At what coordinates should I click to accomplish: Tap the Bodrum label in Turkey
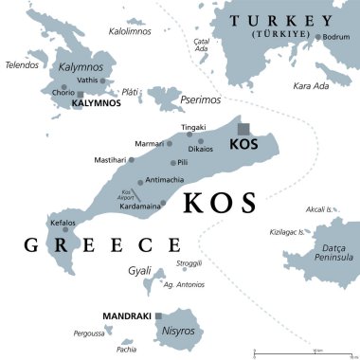[336, 37]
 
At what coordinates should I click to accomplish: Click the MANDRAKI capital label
[126, 314]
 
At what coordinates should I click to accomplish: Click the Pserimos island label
[201, 99]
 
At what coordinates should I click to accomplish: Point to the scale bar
[301, 353]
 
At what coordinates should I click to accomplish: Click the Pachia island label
[126, 350]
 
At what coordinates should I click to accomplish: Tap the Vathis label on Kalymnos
[88, 81]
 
